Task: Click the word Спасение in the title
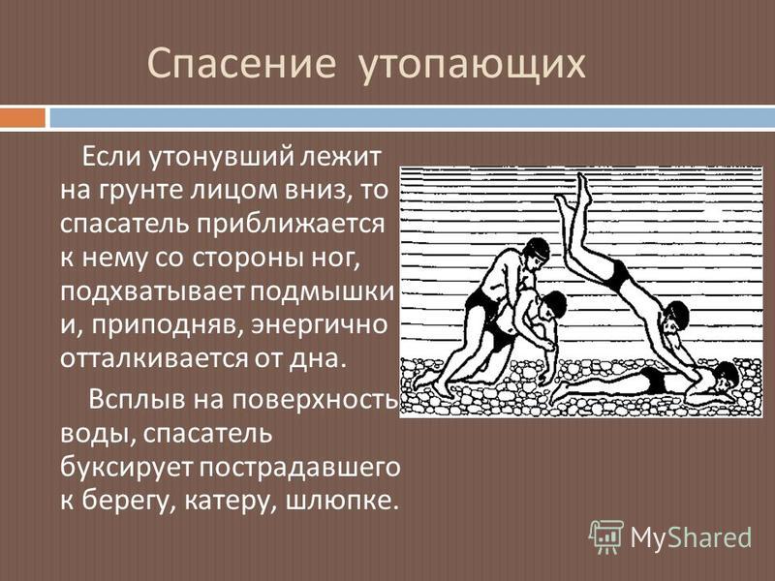point(241,63)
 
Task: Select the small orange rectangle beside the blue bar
point(22,117)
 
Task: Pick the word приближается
point(292,225)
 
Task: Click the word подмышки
point(322,292)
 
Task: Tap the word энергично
point(320,325)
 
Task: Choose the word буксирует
point(126,468)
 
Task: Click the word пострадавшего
point(299,468)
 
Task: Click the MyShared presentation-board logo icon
point(606,536)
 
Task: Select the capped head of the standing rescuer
point(537,251)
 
